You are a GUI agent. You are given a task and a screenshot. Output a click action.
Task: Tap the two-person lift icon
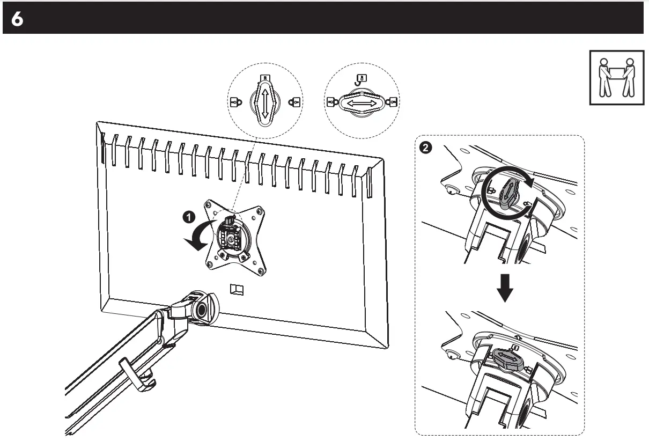click(615, 77)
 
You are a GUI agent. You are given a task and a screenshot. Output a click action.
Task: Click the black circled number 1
click(188, 217)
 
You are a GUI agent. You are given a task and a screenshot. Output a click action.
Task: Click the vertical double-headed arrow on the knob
click(264, 102)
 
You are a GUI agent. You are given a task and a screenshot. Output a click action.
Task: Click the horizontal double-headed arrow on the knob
click(361, 101)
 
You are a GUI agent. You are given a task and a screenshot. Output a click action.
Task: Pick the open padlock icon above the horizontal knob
click(362, 79)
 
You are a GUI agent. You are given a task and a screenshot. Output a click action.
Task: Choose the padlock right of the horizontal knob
click(393, 101)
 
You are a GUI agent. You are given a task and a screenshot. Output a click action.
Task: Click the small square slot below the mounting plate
click(236, 290)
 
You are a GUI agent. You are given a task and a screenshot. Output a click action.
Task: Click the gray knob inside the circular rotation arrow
click(506, 193)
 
